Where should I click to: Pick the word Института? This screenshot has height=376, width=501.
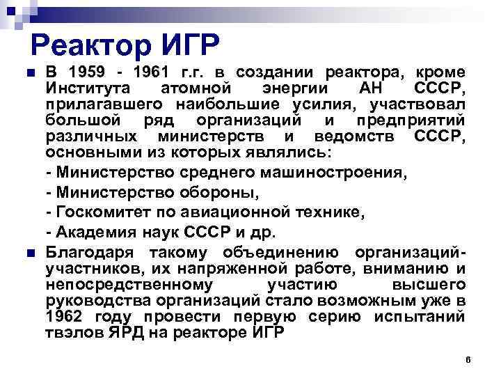87,89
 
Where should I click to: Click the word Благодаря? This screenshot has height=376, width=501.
87,252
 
